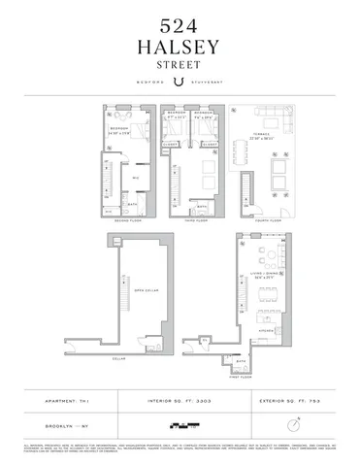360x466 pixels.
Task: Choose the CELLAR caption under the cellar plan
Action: pos(121,355)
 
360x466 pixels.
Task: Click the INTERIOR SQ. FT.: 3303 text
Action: pos(180,400)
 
